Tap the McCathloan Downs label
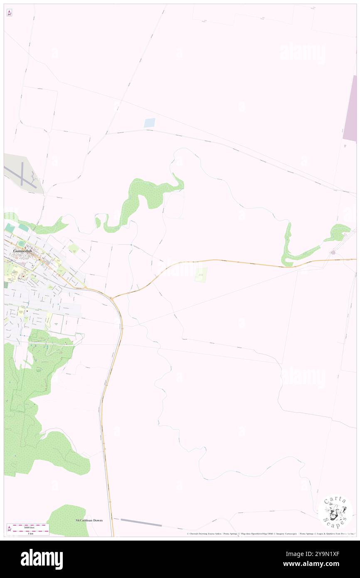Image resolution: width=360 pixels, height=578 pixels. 89,520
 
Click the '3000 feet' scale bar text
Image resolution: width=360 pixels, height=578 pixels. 28,526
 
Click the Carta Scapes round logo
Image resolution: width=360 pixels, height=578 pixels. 335,511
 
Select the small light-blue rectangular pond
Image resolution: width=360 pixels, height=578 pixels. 149,123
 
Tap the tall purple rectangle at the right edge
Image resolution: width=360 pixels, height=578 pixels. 350,108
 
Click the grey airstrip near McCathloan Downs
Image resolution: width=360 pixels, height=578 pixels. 141,522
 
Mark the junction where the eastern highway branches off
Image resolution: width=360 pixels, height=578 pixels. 112,298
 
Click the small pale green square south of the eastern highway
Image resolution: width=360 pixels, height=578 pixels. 201,275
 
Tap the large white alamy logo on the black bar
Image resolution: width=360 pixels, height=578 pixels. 42,559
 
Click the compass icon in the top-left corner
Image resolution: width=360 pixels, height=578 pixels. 9,13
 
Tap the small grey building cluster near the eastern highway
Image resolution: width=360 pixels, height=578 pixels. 333,252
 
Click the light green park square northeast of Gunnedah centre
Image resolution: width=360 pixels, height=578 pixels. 74,249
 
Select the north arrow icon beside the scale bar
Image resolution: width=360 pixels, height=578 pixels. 9,529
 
